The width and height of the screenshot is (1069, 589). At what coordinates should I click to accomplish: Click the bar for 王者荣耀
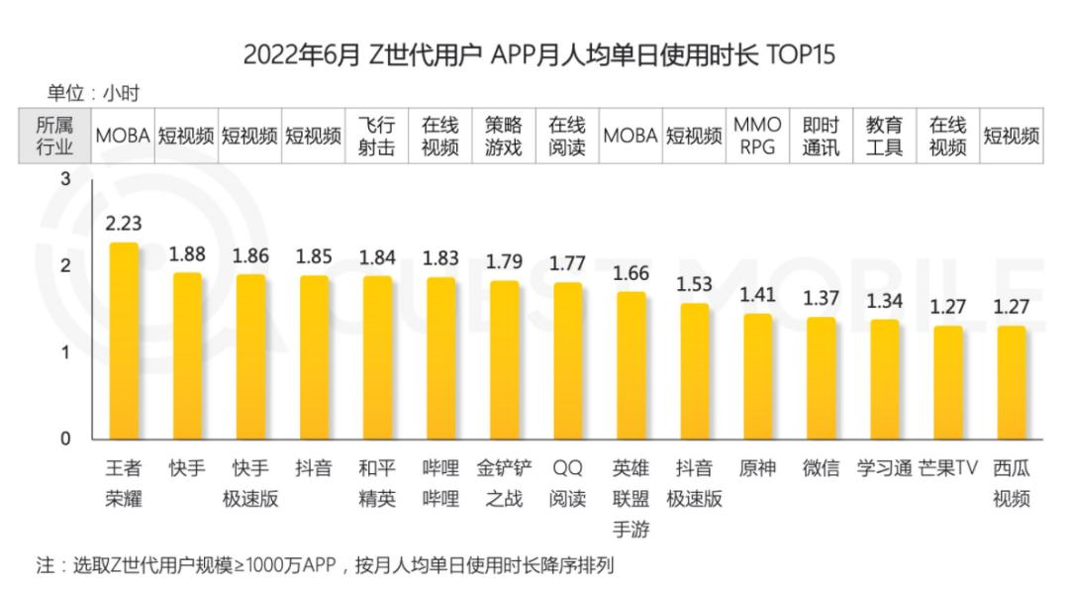(x=124, y=342)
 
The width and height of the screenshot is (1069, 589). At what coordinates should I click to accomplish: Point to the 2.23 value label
(x=124, y=225)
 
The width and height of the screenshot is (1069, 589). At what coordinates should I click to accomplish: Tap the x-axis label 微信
(x=821, y=468)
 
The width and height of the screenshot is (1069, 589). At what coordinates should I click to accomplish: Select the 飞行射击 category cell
(x=377, y=137)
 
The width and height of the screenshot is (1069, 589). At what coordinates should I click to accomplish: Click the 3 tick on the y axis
(x=65, y=179)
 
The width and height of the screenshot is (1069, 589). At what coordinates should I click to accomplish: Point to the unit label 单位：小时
(x=93, y=94)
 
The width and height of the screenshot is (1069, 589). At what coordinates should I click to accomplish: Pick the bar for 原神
(x=757, y=377)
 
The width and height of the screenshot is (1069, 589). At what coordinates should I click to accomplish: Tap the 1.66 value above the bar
(x=631, y=273)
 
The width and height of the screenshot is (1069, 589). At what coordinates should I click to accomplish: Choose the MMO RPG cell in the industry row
(x=757, y=137)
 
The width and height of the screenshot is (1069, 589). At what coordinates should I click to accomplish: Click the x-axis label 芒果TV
(x=947, y=468)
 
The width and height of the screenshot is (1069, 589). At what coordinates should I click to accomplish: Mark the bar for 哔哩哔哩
(x=440, y=358)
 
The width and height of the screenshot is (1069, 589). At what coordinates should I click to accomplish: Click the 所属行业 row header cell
(x=54, y=137)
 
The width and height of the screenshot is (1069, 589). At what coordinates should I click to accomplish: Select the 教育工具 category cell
(x=884, y=137)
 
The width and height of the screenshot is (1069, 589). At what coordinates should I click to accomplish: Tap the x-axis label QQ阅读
(x=567, y=483)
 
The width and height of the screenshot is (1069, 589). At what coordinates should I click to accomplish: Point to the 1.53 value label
(x=694, y=285)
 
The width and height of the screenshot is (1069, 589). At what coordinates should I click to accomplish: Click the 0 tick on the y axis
(x=65, y=439)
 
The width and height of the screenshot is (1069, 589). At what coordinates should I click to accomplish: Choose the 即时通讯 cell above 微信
(x=821, y=137)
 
